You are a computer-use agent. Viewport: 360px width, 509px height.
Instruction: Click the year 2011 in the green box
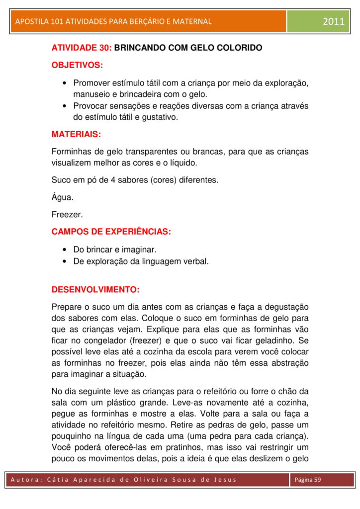pos(333,21)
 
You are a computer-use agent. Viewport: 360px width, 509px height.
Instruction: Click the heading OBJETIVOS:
pos(77,65)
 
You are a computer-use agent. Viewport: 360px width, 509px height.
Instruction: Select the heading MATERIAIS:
pos(76,134)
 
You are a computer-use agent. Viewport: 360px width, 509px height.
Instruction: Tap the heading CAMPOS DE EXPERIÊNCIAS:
pos(111,232)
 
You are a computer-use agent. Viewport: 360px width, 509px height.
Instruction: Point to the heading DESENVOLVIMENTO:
pos(95,289)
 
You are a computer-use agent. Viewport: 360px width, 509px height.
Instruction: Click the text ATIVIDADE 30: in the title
pos(82,48)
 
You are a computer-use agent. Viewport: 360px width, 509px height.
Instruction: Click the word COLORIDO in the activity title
pos(235,48)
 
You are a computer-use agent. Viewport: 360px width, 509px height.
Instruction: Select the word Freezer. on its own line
pos(67,215)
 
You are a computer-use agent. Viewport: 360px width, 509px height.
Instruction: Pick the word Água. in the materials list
pos(63,197)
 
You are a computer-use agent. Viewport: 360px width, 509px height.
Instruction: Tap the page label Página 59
pos(308,480)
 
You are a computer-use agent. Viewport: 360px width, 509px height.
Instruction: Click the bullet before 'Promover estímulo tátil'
pos(65,83)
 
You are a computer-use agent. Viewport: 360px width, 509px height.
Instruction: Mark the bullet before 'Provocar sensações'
pos(65,106)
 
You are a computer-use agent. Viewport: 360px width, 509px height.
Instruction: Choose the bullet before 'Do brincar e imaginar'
pos(65,250)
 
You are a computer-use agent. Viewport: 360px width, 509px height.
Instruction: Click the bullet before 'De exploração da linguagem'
pos(65,261)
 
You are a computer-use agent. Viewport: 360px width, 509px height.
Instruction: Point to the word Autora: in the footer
pos(29,480)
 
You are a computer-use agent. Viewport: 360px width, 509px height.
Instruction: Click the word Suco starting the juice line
pos(61,180)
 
